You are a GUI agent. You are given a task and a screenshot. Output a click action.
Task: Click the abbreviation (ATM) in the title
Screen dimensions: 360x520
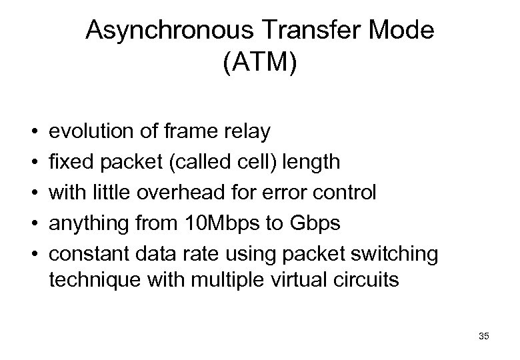point(261,67)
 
